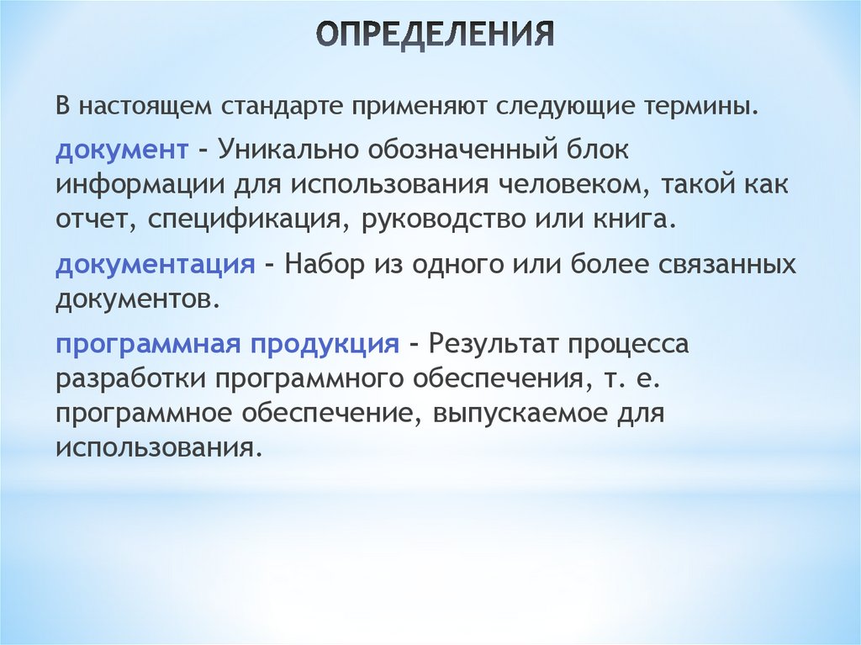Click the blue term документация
[x=156, y=264]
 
